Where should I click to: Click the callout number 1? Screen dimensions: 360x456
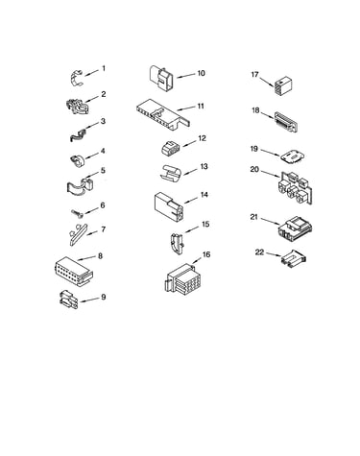pyautogui.click(x=104, y=68)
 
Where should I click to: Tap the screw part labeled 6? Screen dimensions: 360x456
pyautogui.click(x=77, y=213)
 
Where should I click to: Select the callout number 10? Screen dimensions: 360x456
pyautogui.click(x=201, y=73)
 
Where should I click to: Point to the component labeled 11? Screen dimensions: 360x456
pyautogui.click(x=163, y=114)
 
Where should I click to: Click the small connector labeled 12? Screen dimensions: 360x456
pyautogui.click(x=171, y=149)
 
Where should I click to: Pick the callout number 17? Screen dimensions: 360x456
pyautogui.click(x=254, y=75)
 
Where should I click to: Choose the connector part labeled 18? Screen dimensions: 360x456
pyautogui.click(x=286, y=122)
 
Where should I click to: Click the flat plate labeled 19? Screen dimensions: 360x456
pyautogui.click(x=293, y=157)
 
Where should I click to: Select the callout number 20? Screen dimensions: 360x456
pyautogui.click(x=254, y=169)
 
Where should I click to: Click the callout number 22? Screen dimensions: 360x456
pyautogui.click(x=259, y=252)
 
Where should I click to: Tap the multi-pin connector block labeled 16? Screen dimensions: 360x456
pyautogui.click(x=182, y=277)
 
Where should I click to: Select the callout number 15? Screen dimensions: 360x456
pyautogui.click(x=205, y=224)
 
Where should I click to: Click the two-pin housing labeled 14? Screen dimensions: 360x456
pyautogui.click(x=169, y=206)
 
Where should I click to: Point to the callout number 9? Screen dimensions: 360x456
pyautogui.click(x=103, y=297)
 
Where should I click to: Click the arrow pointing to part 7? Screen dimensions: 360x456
pyautogui.click(x=91, y=233)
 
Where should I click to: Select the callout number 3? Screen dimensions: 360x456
pyautogui.click(x=103, y=121)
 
